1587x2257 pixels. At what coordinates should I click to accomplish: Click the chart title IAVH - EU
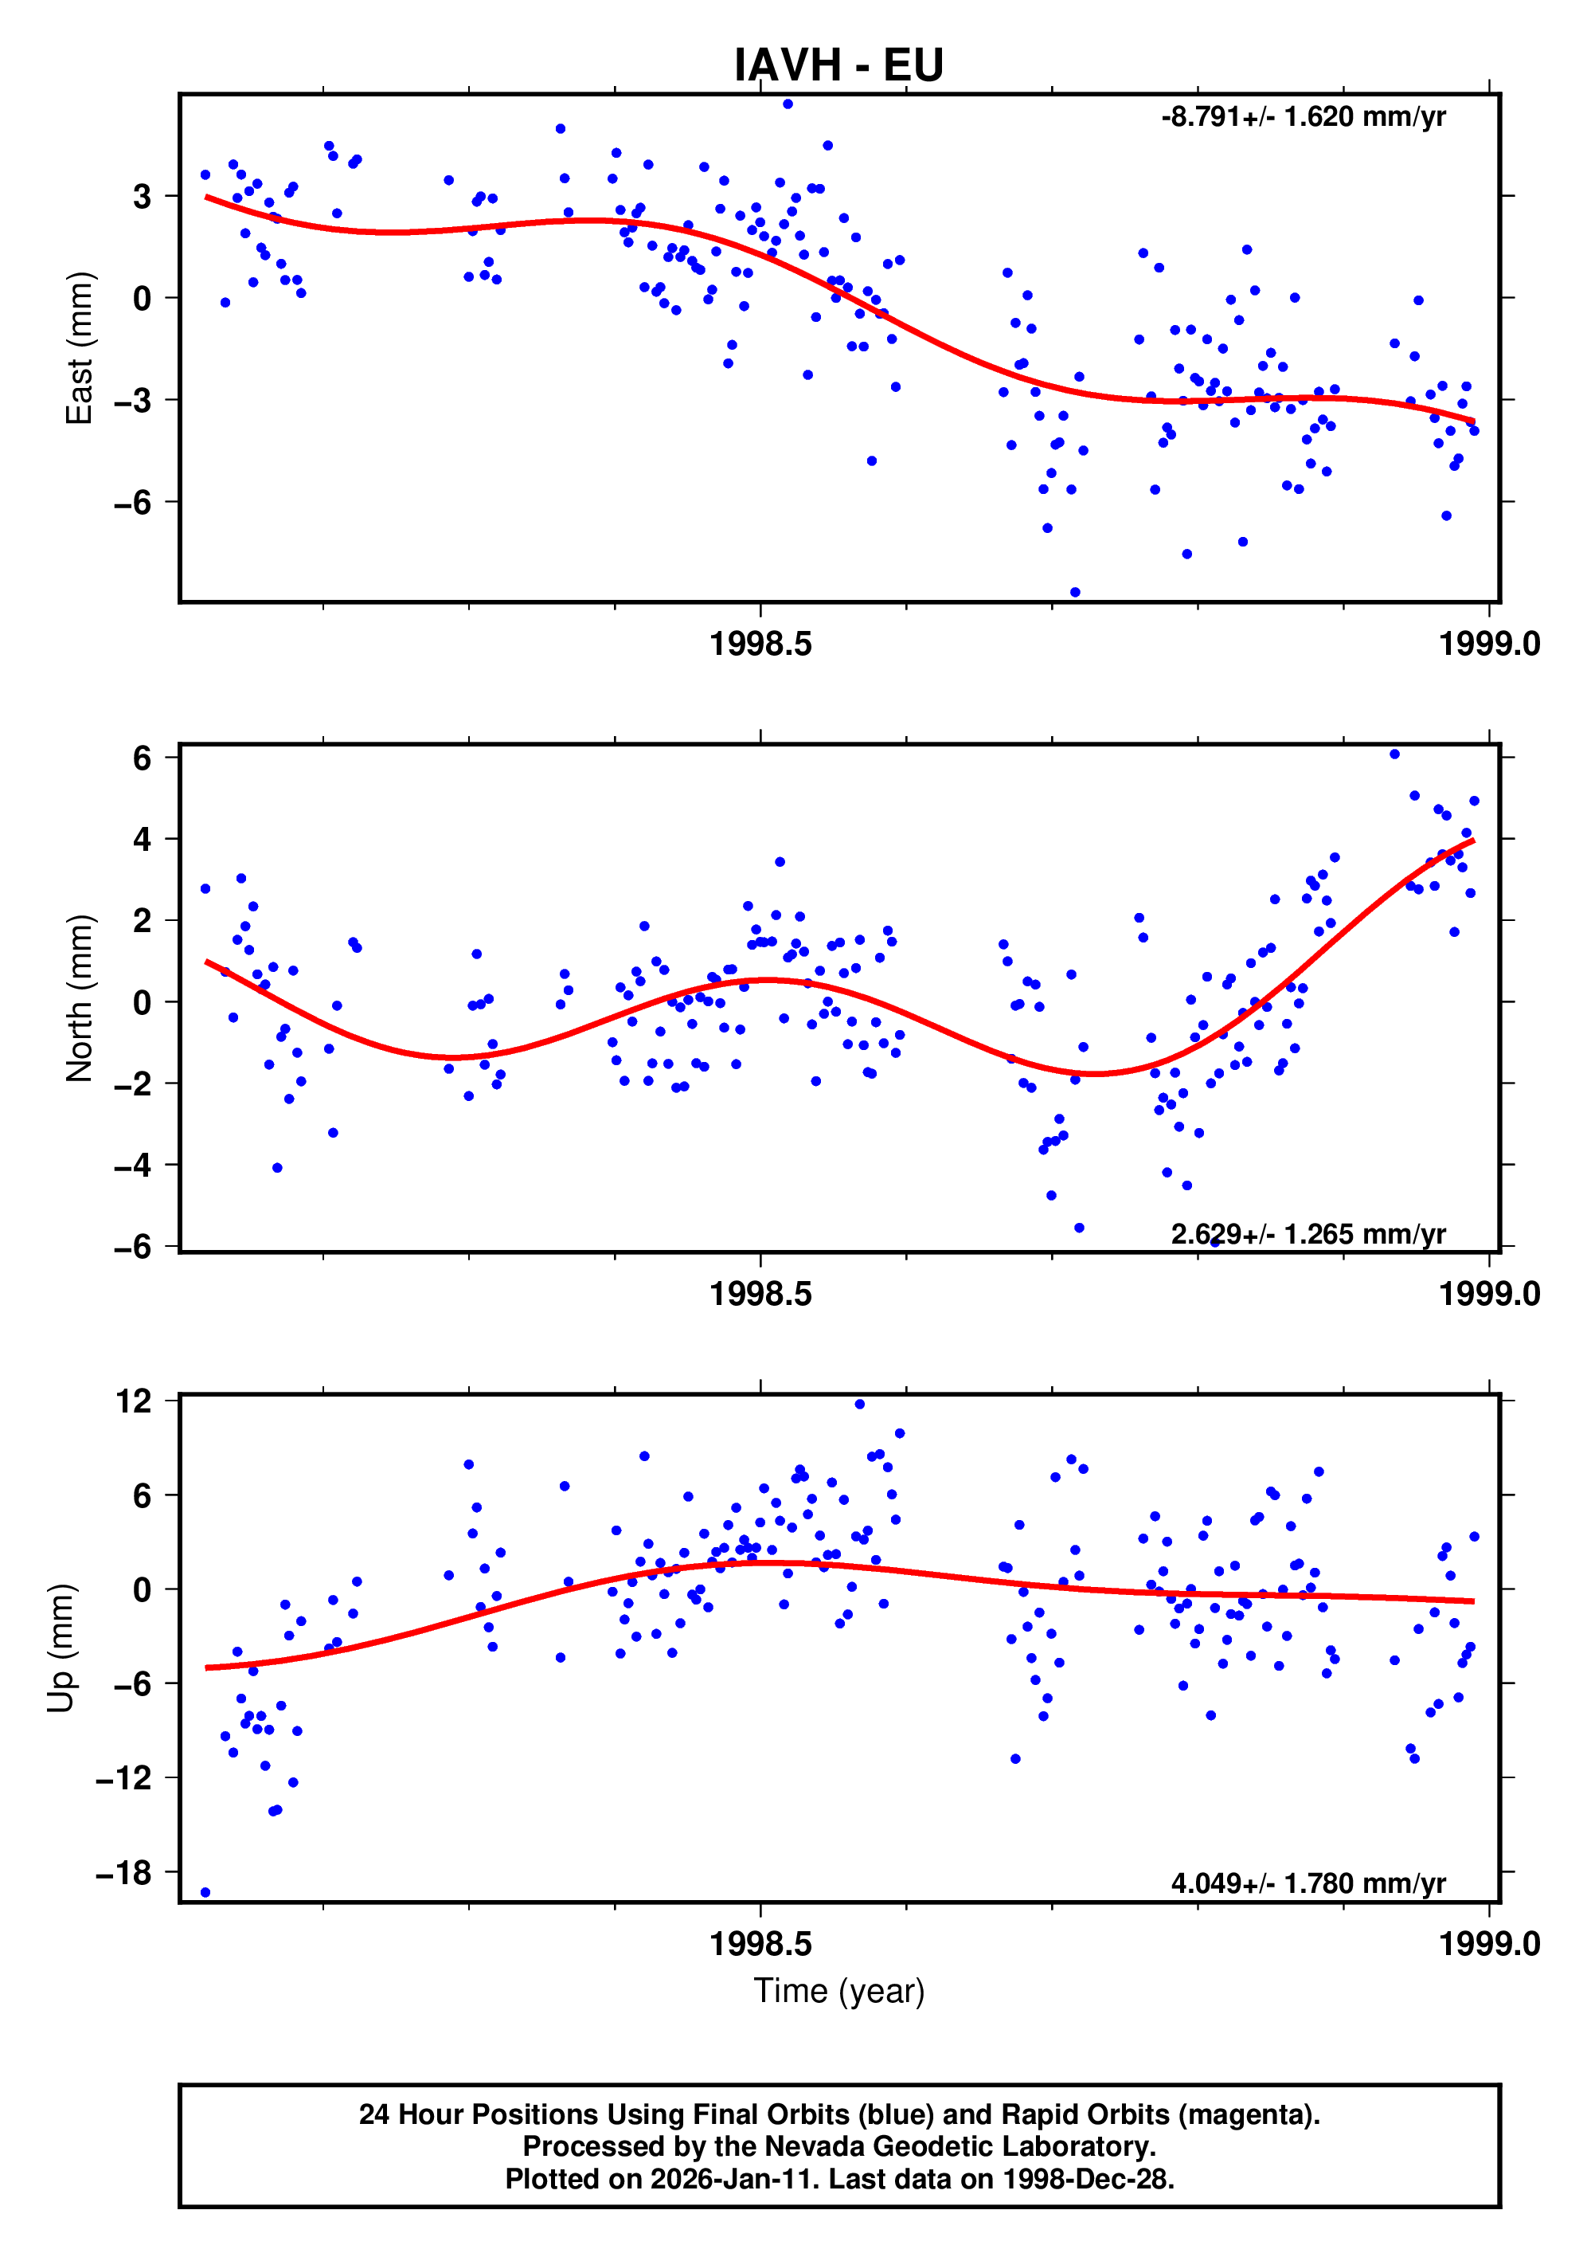click(x=838, y=65)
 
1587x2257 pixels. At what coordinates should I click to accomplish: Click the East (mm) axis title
click(x=79, y=348)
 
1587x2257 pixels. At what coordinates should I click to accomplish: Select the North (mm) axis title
click(x=79, y=999)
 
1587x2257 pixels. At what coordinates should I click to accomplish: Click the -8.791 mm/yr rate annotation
click(x=1303, y=117)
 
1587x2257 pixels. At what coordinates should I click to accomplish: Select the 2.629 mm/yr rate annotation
click(x=1308, y=1234)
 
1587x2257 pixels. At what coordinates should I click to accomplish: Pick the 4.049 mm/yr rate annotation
click(x=1308, y=1883)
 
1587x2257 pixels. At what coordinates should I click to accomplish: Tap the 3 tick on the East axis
click(x=143, y=197)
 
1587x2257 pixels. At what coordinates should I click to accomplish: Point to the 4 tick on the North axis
click(x=143, y=840)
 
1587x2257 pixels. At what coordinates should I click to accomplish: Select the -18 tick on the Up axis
click(x=123, y=1873)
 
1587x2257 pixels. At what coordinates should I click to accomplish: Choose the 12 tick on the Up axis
click(x=133, y=1401)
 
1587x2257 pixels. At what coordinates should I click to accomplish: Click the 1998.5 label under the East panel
click(x=760, y=644)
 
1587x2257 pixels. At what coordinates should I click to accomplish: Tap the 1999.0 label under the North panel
click(x=1489, y=1294)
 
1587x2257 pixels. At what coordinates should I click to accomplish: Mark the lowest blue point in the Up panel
click(x=205, y=1892)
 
